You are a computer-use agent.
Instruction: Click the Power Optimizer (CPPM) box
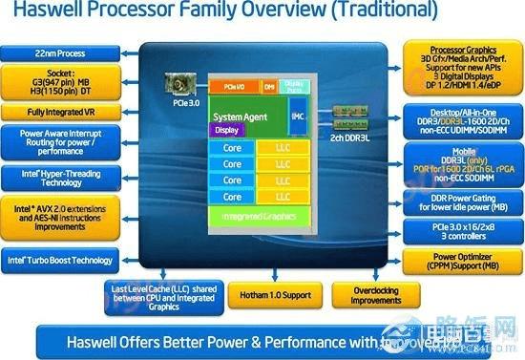[x=461, y=261]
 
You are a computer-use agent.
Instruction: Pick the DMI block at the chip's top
[x=269, y=86]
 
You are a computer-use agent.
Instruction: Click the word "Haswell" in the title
[x=41, y=12]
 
